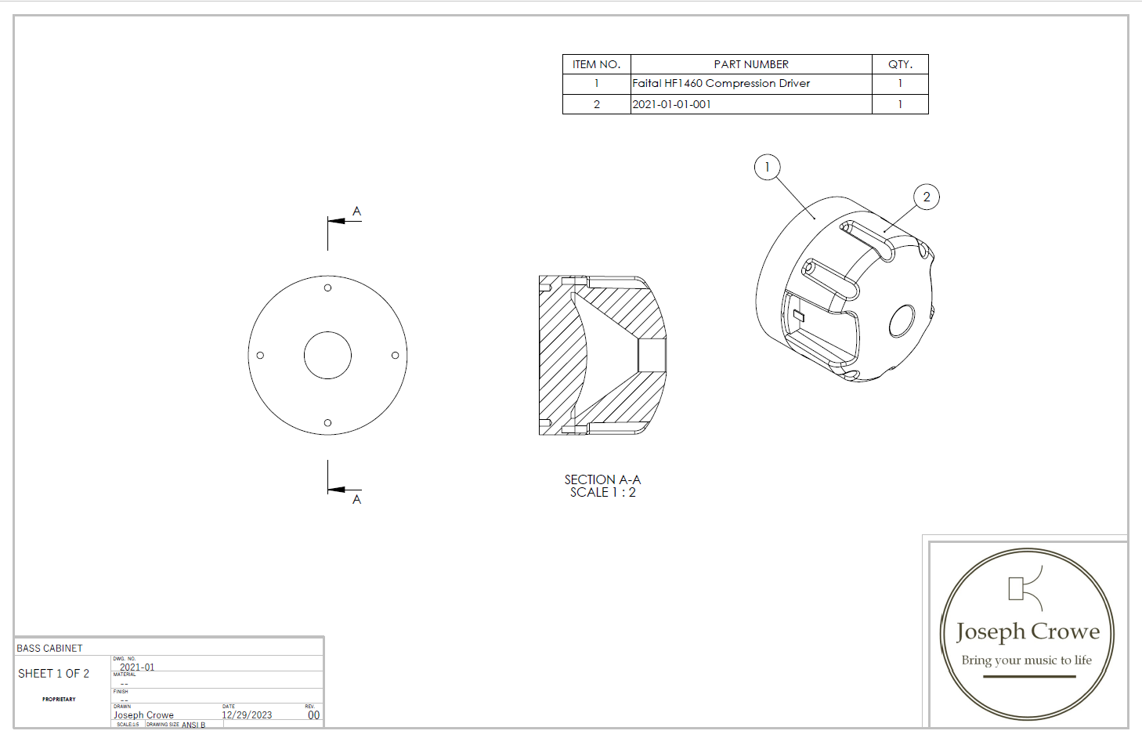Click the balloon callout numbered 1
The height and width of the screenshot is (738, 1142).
[767, 167]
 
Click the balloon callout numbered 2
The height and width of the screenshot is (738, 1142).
[927, 197]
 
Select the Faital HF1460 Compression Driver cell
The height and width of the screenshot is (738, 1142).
[721, 83]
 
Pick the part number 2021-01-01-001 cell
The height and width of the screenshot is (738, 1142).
[672, 104]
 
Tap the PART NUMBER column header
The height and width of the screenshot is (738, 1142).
[751, 64]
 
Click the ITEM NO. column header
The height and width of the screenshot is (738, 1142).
[596, 64]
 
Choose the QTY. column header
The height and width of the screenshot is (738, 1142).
[900, 64]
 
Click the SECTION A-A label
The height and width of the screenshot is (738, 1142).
[602, 479]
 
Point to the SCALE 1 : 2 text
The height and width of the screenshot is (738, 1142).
[602, 493]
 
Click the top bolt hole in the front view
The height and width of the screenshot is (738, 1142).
[327, 288]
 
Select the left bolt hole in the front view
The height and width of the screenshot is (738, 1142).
[260, 355]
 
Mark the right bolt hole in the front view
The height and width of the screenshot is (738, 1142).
[396, 355]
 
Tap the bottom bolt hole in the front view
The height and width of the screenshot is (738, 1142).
[327, 423]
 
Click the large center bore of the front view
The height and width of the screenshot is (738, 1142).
[327, 355]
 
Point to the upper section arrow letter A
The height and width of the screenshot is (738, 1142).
[356, 212]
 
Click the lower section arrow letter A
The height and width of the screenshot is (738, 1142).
[356, 500]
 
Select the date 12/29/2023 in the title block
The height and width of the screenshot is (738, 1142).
[247, 715]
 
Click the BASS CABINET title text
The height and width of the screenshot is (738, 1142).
[49, 649]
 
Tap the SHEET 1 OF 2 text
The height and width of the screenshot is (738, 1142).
[53, 674]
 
